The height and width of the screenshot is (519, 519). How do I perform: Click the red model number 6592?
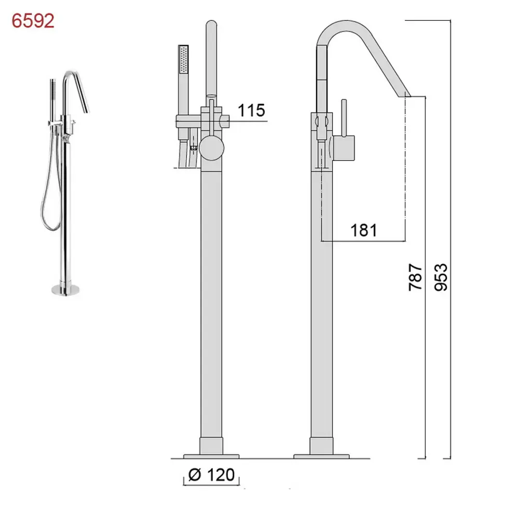[33, 21]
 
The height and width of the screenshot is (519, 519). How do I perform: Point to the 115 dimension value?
[252, 110]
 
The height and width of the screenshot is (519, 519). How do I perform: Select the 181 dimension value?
[364, 230]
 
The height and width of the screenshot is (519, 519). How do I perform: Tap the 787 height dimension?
[415, 277]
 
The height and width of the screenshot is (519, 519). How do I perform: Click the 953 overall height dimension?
[441, 277]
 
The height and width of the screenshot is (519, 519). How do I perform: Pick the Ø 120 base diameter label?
[212, 475]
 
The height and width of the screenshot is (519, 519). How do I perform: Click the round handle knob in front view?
[212, 148]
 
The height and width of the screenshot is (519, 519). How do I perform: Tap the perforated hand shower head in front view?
[183, 59]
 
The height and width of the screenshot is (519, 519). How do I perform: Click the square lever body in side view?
[344, 148]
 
